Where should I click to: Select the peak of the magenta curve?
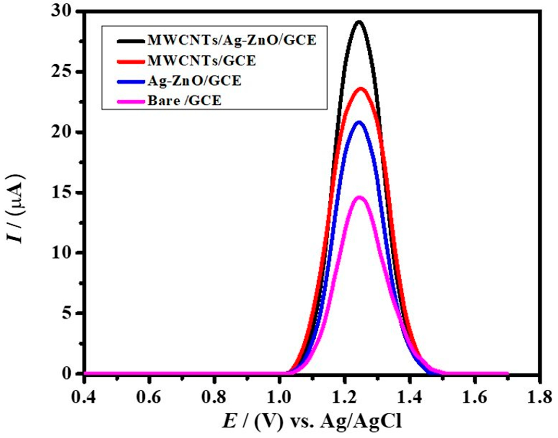(360, 197)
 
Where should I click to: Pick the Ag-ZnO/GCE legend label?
(194, 81)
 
